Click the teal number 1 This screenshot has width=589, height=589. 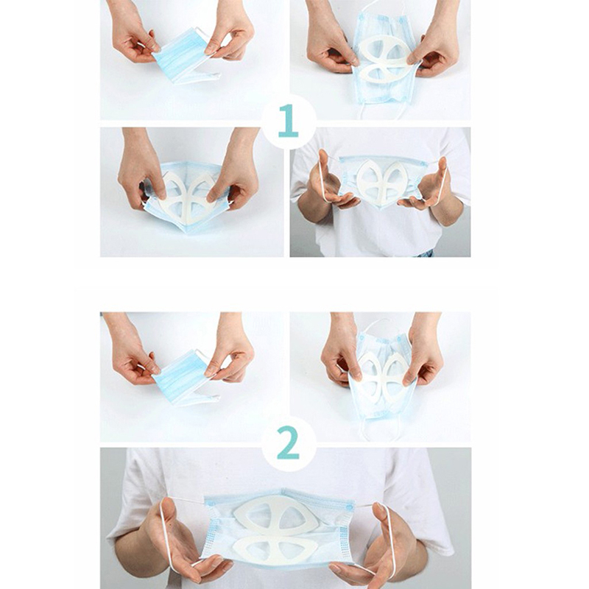click(288, 121)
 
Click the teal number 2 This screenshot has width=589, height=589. click(289, 442)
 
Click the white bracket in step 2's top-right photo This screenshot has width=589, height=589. click(381, 375)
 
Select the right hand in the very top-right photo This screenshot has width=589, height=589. click(436, 41)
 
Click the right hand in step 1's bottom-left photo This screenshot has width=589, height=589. click(235, 169)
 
